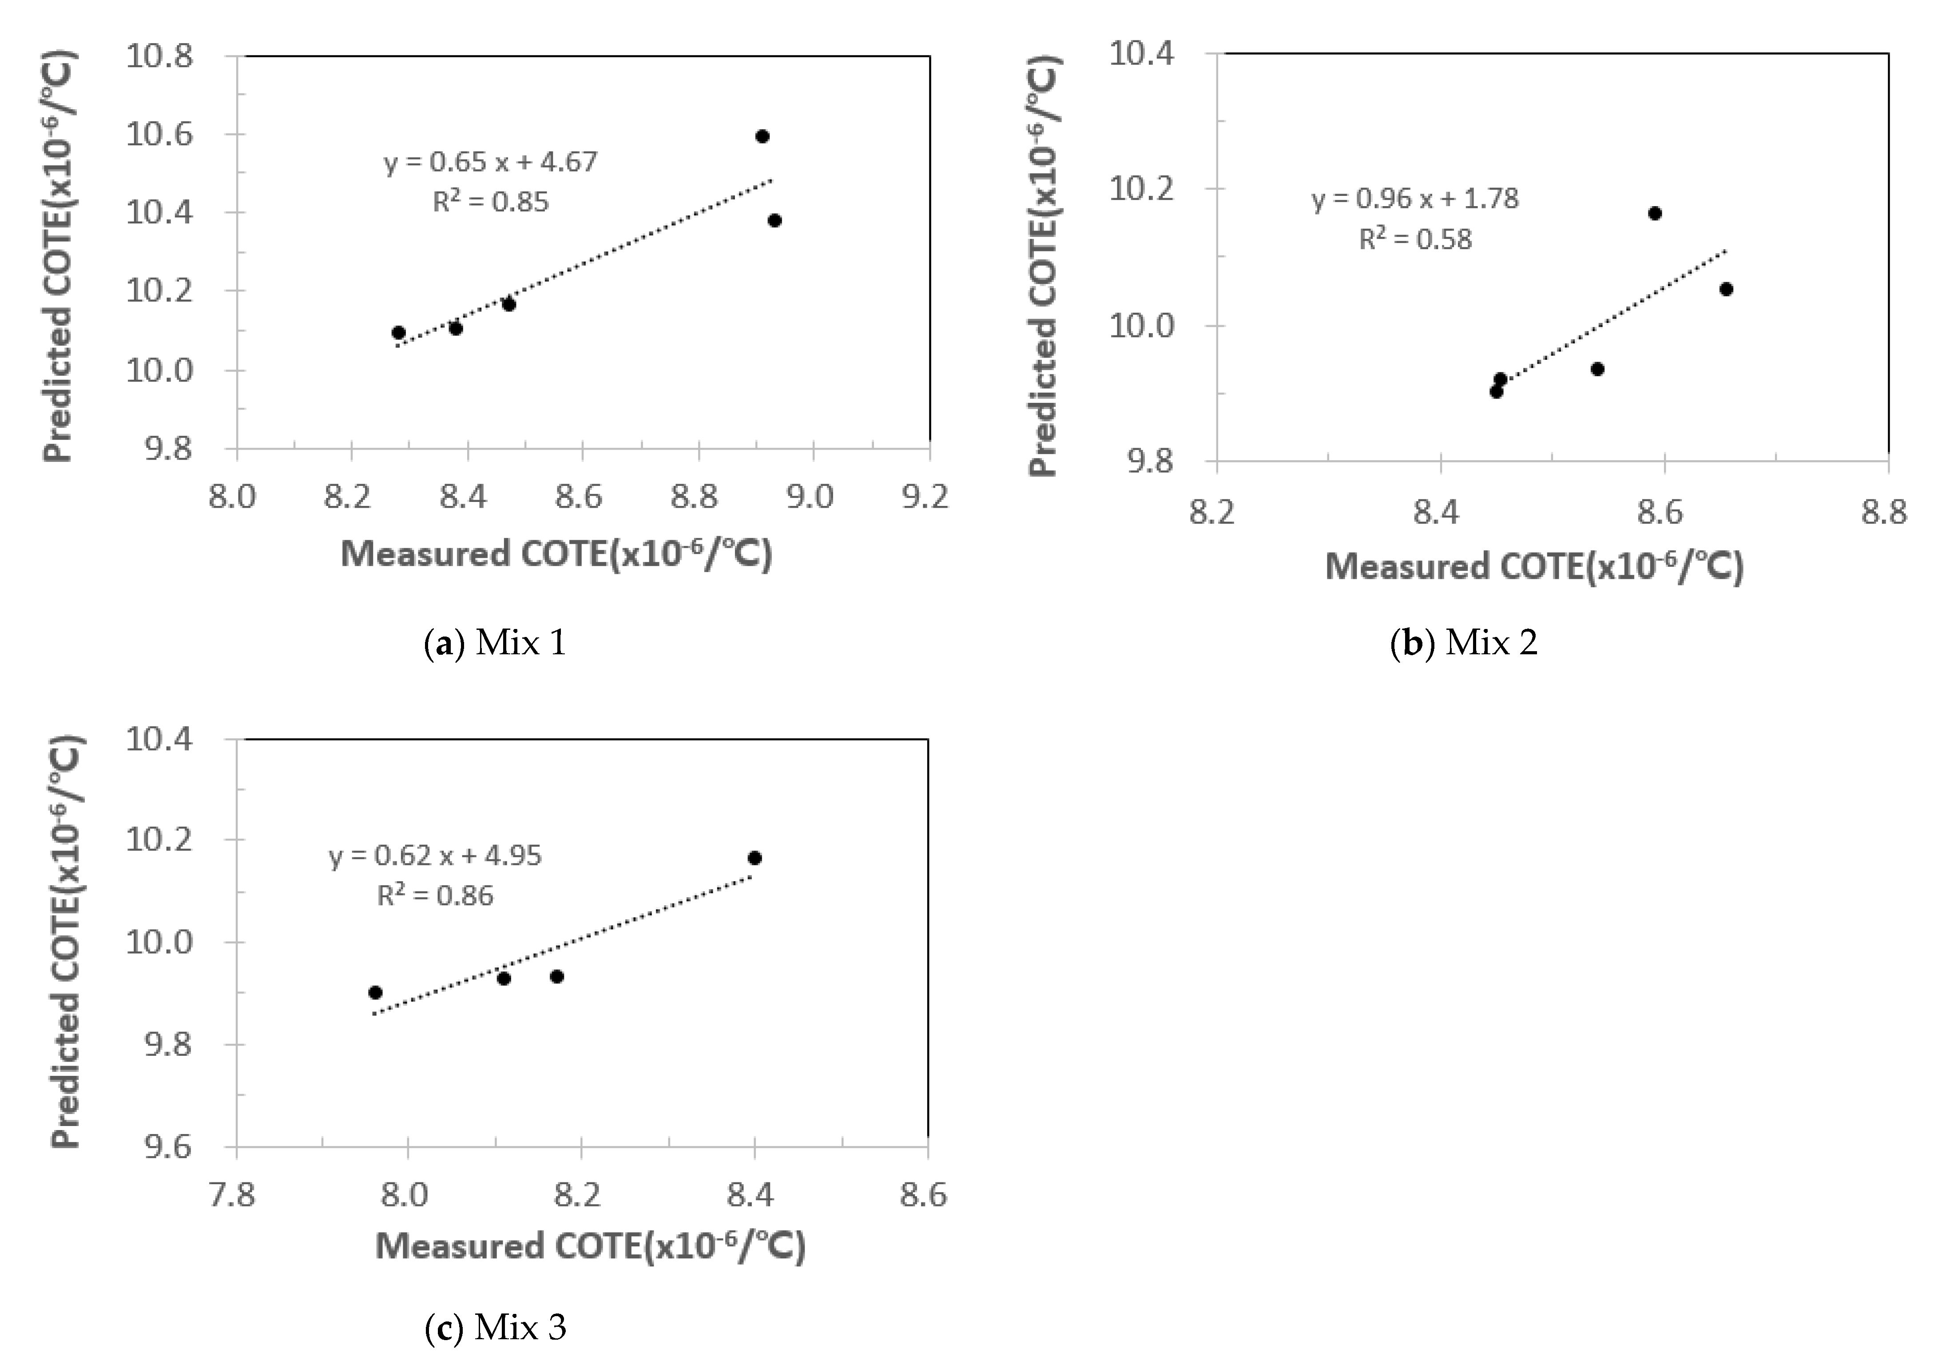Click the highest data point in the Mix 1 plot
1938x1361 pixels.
(x=762, y=136)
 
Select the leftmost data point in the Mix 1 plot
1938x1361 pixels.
(x=398, y=333)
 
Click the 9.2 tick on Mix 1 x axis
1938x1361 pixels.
(x=926, y=497)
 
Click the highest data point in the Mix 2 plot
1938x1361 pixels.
(x=1654, y=213)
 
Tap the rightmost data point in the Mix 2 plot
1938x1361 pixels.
(x=1726, y=289)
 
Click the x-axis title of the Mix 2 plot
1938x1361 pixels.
(x=1534, y=566)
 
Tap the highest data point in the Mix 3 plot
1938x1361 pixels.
(x=755, y=858)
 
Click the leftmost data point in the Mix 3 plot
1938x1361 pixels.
(x=376, y=992)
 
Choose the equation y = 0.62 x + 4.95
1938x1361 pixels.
(x=435, y=856)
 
